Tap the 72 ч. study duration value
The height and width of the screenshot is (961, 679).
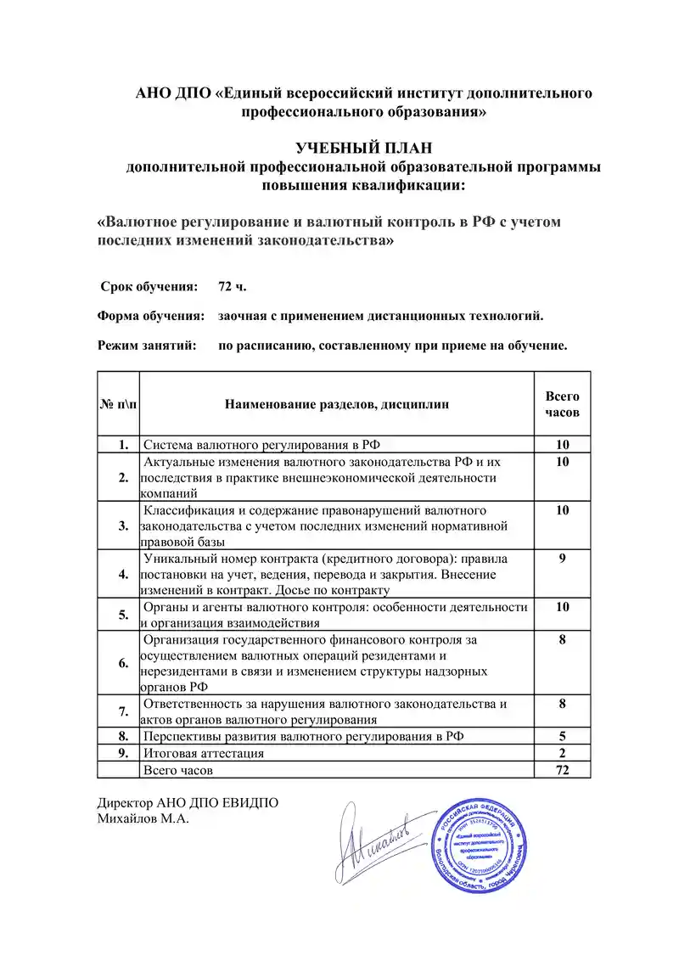tap(233, 285)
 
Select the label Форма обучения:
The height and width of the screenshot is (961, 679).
tap(151, 316)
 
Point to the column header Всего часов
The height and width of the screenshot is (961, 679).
tap(562, 404)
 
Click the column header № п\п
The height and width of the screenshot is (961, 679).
tap(119, 404)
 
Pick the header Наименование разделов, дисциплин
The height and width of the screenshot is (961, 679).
tap(337, 404)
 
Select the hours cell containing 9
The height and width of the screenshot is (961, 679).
tap(562, 559)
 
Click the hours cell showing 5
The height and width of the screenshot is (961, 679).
tap(562, 736)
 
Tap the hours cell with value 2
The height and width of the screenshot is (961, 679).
tap(562, 753)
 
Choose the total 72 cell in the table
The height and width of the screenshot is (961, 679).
tap(562, 770)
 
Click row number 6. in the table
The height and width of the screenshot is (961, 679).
tap(124, 662)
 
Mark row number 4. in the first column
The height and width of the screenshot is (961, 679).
tap(124, 574)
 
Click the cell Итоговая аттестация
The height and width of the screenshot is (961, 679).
tap(204, 753)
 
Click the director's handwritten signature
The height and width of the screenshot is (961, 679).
tap(373, 842)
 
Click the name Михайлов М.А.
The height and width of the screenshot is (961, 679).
tap(142, 819)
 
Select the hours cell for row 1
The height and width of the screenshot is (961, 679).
tap(562, 444)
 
